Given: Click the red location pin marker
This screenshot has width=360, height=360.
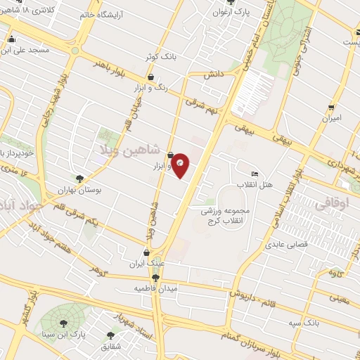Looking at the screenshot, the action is pyautogui.click(x=181, y=165).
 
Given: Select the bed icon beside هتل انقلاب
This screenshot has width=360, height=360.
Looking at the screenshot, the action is pyautogui.click(x=254, y=174).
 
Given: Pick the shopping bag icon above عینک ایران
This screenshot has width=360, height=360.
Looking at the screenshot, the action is pyautogui.click(x=146, y=252).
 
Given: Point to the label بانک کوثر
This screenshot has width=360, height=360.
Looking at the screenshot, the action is pyautogui.click(x=174, y=56).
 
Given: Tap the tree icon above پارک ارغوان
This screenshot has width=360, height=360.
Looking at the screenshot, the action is pyautogui.click(x=229, y=4).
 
